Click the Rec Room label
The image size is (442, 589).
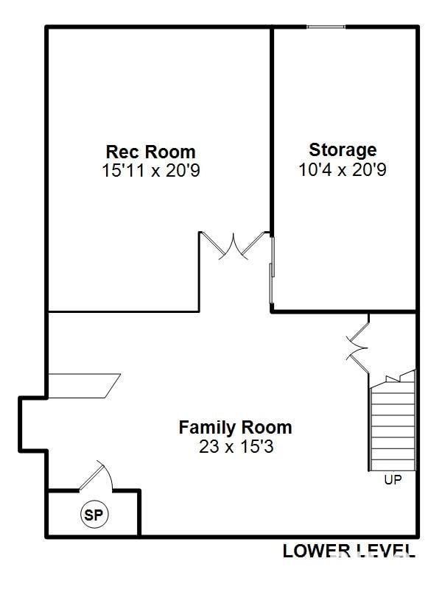pos(151,152)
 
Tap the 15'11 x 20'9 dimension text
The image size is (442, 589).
pos(151,171)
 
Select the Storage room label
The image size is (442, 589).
pos(343,150)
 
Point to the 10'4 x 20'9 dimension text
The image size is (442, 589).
pos(343,169)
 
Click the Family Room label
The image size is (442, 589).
pos(235,427)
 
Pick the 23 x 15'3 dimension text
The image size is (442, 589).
pos(235,446)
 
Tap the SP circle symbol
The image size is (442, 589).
pos(94,515)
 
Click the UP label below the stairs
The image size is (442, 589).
pos(392,480)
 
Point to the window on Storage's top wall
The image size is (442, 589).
pos(326,28)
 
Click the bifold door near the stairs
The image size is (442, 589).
pos(359,345)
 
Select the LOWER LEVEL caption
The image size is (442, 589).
pos(348,550)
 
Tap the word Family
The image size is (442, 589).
pos(206,427)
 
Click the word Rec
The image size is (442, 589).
pos(122,152)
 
